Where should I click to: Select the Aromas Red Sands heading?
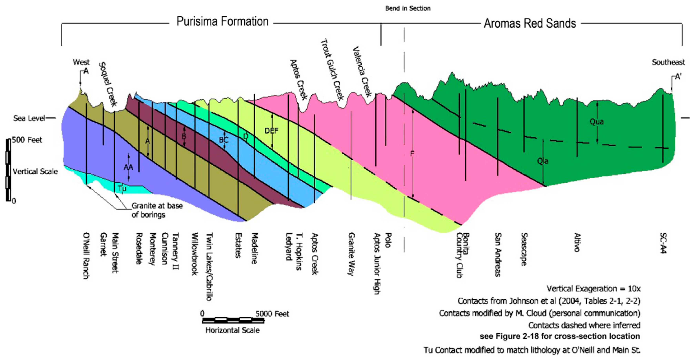[x=530, y=24]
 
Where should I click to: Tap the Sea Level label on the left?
[x=29, y=118]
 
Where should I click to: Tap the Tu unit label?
[x=122, y=189]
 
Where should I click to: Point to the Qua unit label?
[x=597, y=122]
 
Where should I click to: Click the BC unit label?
[x=224, y=140]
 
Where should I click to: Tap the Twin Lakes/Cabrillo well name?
[x=209, y=267]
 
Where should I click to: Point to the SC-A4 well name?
[x=663, y=243]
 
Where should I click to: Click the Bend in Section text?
[x=408, y=8]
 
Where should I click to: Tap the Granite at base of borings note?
[x=157, y=210]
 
